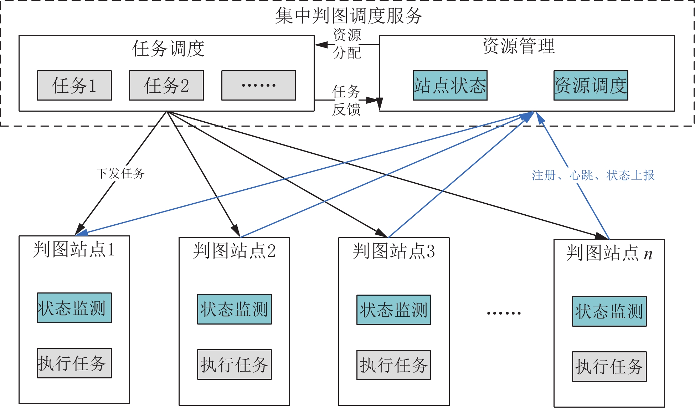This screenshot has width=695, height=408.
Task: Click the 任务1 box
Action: pyautogui.click(x=74, y=85)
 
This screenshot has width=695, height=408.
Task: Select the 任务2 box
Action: pyautogui.click(x=166, y=85)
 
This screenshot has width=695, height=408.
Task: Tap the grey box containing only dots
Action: pyautogui.click(x=258, y=85)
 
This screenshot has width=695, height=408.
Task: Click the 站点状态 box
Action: pyautogui.click(x=450, y=85)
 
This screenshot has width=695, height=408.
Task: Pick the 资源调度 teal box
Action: pyautogui.click(x=591, y=85)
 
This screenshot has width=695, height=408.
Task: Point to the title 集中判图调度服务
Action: pyautogui.click(x=349, y=16)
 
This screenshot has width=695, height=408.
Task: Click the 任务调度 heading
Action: pyautogui.click(x=168, y=49)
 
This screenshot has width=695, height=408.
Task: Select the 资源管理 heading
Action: pyautogui.click(x=519, y=46)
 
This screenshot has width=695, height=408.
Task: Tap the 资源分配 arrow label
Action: pyautogui.click(x=347, y=44)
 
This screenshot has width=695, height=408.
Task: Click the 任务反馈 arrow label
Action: pyautogui.click(x=346, y=101)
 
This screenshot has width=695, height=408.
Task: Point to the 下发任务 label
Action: pyautogui.click(x=120, y=174)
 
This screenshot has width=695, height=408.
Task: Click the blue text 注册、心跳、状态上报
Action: pyautogui.click(x=593, y=175)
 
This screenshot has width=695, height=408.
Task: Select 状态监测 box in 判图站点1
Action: pyautogui.click(x=74, y=308)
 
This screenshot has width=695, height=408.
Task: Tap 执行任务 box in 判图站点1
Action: pyautogui.click(x=74, y=363)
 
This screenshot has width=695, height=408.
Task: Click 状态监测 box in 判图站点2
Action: pyautogui.click(x=234, y=309)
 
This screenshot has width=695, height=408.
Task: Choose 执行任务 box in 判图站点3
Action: pyautogui.click(x=393, y=365)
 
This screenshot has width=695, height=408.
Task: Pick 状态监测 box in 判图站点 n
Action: pyautogui.click(x=609, y=311)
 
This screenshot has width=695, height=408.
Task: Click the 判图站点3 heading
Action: pyautogui.click(x=393, y=251)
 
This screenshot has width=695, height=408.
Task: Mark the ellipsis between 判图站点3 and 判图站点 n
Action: pyautogui.click(x=504, y=313)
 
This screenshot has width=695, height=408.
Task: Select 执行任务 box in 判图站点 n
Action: pyautogui.click(x=609, y=367)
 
